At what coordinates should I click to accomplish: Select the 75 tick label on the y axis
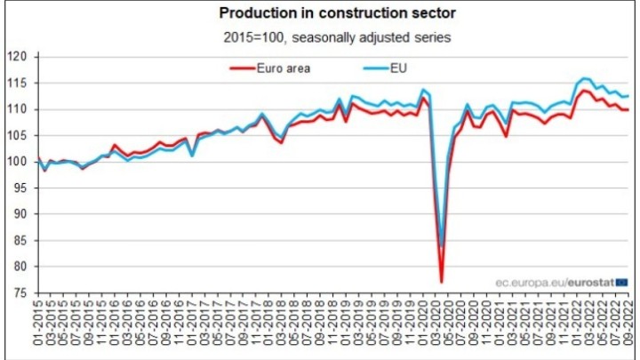tap(23, 293)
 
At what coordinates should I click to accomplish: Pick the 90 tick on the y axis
tap(23, 214)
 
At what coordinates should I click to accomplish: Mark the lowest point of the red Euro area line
tap(441, 283)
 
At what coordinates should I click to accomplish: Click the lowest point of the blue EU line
tap(441, 246)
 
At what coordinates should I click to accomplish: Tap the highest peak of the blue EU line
tap(584, 78)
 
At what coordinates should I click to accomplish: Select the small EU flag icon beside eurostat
tap(621, 283)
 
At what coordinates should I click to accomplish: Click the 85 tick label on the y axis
tap(23, 241)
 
